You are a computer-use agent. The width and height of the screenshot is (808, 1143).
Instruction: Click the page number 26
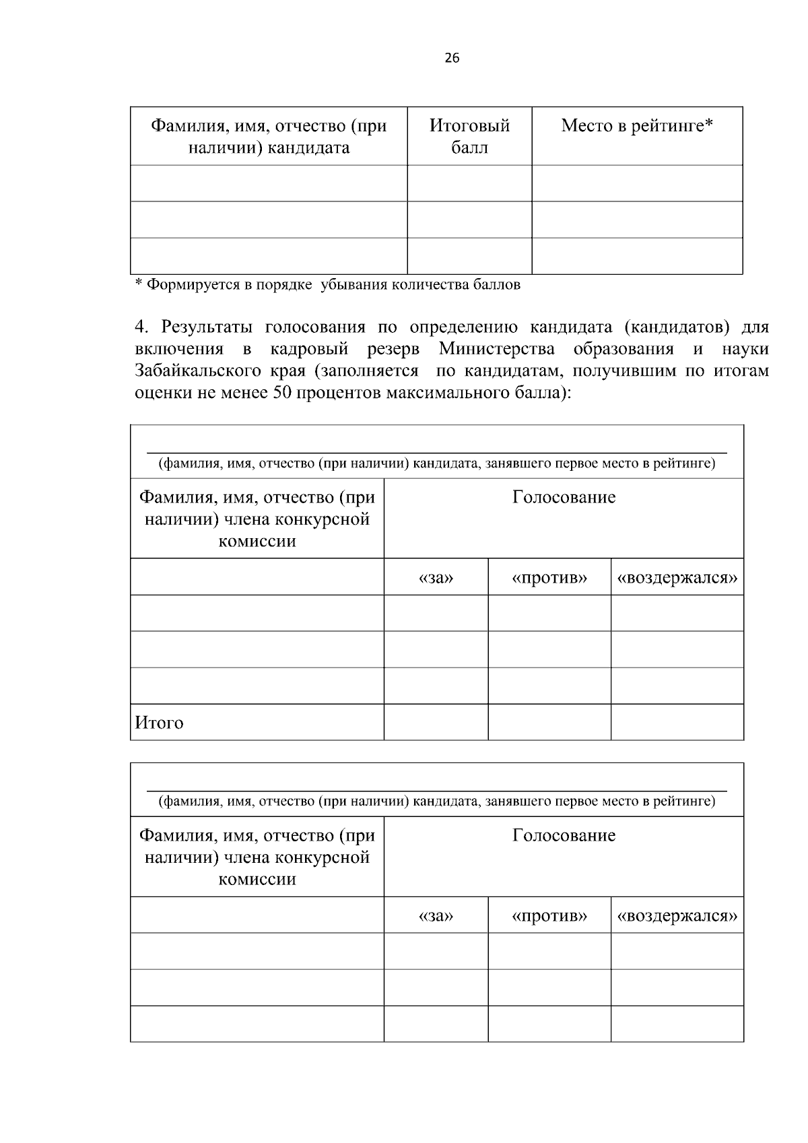point(452,59)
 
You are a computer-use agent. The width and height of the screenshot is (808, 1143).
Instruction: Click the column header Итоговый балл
point(469,137)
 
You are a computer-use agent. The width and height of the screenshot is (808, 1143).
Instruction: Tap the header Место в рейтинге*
point(636,126)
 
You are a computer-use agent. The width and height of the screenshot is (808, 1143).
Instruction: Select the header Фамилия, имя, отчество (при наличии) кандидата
point(269,137)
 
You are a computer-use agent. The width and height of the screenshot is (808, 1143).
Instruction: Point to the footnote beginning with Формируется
point(328,285)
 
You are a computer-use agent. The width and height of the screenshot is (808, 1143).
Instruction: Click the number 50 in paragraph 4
point(283,393)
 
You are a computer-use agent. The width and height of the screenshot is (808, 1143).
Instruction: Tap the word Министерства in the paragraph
point(497,350)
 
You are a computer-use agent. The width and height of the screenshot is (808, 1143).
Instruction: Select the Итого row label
point(160,723)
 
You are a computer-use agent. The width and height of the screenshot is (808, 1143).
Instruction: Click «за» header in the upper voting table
point(436,579)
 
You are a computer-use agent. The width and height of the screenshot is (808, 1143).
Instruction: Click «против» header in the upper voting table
point(549,579)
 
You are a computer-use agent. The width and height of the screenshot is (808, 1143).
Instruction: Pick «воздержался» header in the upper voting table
point(677,579)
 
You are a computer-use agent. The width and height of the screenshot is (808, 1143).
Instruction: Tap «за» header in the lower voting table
point(436,917)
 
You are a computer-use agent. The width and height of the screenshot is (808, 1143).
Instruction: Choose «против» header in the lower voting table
point(549,917)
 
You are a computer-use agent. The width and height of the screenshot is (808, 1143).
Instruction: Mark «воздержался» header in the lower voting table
point(677,917)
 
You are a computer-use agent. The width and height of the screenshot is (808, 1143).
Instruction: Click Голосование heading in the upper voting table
point(564,498)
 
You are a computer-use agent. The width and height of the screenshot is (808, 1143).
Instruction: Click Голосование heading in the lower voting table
point(564,836)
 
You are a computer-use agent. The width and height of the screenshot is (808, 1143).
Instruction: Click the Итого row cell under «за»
point(436,723)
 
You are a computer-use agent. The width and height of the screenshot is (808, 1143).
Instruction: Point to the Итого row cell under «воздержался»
point(677,723)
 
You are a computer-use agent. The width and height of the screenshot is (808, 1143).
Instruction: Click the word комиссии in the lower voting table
point(257,880)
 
